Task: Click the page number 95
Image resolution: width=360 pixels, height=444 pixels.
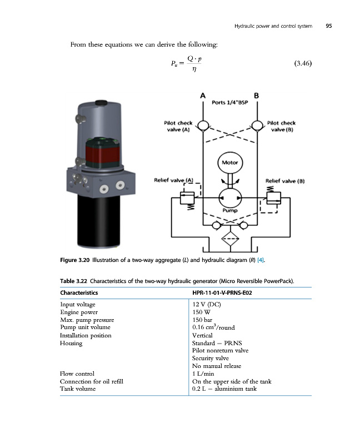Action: coord(328,26)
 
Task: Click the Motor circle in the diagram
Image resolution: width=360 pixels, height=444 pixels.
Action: coord(229,163)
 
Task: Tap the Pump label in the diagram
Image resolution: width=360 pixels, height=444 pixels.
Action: coord(230,210)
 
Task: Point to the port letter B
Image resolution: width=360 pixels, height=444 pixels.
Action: coord(257,95)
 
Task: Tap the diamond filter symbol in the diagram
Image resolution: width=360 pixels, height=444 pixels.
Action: coord(229,240)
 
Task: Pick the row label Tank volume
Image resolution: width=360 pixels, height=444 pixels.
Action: coord(78,389)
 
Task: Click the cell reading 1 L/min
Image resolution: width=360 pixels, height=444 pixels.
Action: coord(203,374)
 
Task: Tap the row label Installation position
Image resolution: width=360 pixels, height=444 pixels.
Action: coord(86,335)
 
